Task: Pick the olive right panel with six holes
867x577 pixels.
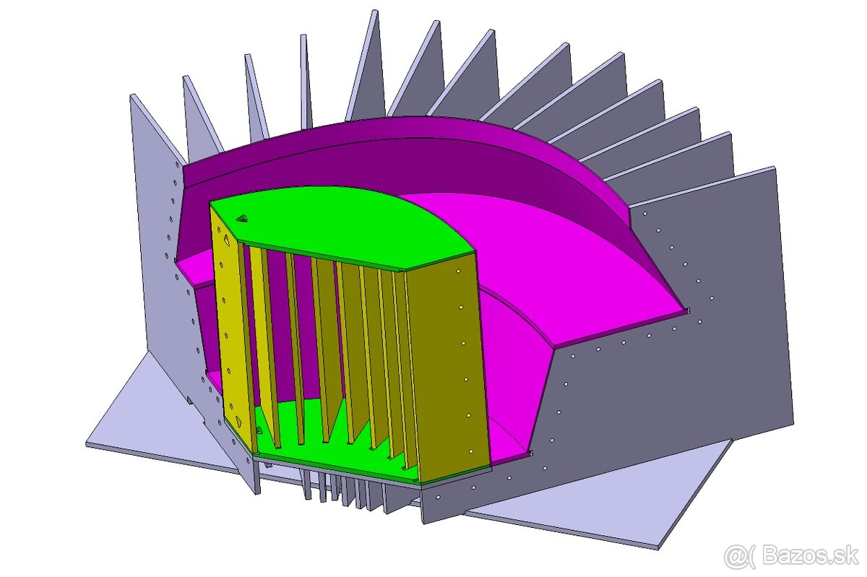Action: (448, 361)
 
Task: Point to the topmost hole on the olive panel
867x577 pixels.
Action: (458, 272)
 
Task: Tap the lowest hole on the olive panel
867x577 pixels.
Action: (470, 451)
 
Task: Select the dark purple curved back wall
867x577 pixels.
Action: (433, 162)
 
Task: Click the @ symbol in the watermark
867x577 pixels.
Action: (736, 555)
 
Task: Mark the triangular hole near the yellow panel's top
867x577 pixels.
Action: (227, 242)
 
